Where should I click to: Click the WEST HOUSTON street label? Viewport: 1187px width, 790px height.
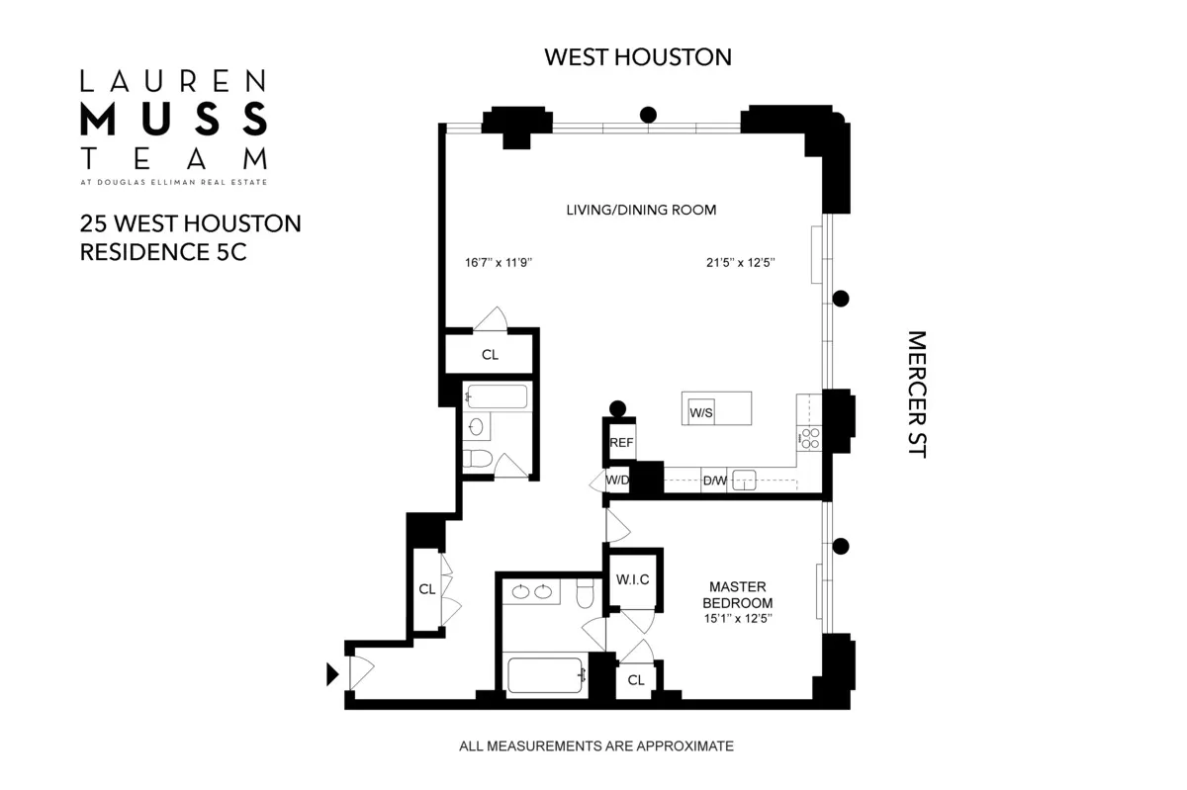638,56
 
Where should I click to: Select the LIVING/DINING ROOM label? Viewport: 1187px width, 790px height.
641,210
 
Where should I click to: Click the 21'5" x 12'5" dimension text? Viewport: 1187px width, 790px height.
733,263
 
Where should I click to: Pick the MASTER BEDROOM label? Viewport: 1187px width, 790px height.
737,594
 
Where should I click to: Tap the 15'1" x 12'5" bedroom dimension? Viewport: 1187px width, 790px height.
737,618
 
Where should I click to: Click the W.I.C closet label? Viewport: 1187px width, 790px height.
632,579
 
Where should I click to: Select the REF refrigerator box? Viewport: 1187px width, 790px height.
621,443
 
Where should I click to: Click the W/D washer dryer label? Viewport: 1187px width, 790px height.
617,481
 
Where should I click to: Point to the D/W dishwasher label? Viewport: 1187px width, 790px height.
714,482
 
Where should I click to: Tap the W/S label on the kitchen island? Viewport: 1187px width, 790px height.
701,411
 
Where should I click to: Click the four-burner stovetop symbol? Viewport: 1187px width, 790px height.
810,438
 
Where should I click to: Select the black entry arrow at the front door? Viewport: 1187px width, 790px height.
332,674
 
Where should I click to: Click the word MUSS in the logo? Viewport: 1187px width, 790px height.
173,119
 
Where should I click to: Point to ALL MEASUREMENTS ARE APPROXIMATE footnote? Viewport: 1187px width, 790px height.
596,746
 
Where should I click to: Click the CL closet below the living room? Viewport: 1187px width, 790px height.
490,354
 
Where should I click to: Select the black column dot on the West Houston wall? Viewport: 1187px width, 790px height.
648,115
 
